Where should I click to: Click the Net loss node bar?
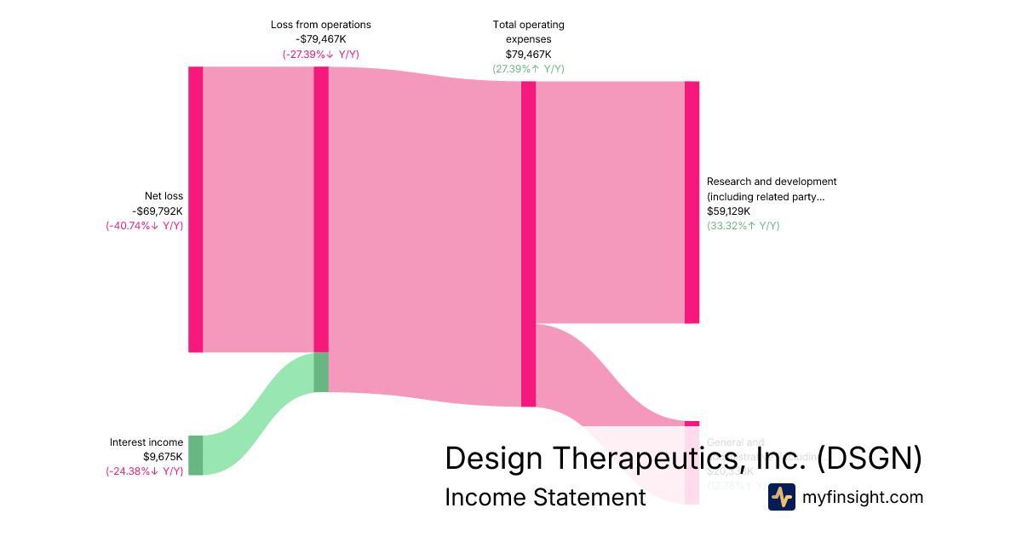pyautogui.click(x=196, y=209)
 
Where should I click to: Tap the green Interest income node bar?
pyautogui.click(x=196, y=455)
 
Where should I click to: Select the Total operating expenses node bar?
pyautogui.click(x=528, y=244)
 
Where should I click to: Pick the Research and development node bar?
pyautogui.click(x=692, y=202)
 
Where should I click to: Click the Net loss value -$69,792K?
pyautogui.click(x=158, y=211)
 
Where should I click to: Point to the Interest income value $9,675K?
pyautogui.click(x=163, y=457)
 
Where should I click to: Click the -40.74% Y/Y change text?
pyautogui.click(x=145, y=226)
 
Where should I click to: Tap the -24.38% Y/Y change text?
pyautogui.click(x=145, y=471)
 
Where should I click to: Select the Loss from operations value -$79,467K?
pyautogui.click(x=321, y=39)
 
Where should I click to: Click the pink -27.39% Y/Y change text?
pyautogui.click(x=321, y=55)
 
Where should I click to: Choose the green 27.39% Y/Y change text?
pyautogui.click(x=528, y=69)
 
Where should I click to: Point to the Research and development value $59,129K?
pyautogui.click(x=728, y=211)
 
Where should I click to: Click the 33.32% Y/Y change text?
pyautogui.click(x=743, y=226)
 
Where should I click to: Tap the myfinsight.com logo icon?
pyautogui.click(x=781, y=497)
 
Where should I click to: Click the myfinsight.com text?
pyautogui.click(x=863, y=497)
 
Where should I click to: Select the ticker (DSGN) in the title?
pyautogui.click(x=870, y=459)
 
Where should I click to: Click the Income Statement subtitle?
pyautogui.click(x=545, y=497)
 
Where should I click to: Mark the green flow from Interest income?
pyautogui.click(x=255, y=418)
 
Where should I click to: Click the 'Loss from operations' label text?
pyautogui.click(x=321, y=25)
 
